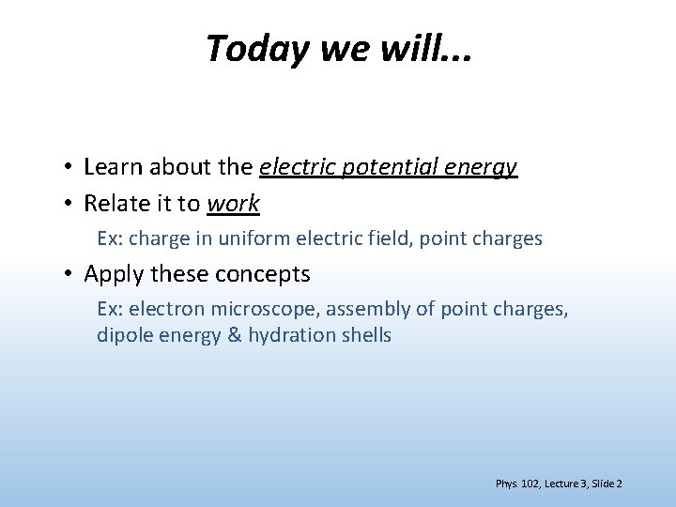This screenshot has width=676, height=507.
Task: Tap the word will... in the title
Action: pos(425,49)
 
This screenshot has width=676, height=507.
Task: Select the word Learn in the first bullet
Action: pos(110,168)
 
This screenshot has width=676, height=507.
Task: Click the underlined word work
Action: pos(233,204)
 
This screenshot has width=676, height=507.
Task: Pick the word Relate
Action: pos(115,204)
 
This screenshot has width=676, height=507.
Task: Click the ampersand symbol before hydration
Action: pos(235,335)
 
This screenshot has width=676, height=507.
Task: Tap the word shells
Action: pos(364,335)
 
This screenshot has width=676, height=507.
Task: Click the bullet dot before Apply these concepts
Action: pos(69,275)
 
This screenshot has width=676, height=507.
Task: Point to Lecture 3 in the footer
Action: pos(559,484)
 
